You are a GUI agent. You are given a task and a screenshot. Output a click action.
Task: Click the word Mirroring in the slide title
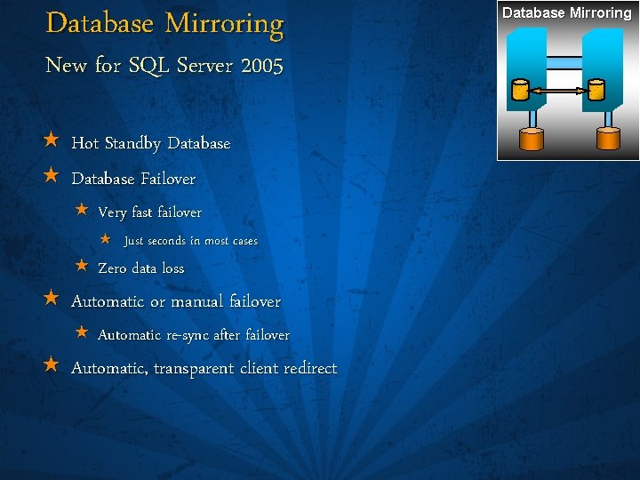[x=228, y=24]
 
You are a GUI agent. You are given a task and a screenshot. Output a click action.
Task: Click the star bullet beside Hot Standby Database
[x=51, y=141]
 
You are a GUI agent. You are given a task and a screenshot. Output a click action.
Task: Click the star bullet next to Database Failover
[x=51, y=176]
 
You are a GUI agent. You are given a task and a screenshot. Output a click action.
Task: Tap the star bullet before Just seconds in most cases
[x=104, y=239]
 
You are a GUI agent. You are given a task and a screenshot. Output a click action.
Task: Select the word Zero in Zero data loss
[x=112, y=268]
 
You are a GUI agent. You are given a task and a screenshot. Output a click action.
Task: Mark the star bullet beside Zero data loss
[x=81, y=266]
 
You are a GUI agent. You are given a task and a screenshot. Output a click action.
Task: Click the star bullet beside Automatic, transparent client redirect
[x=51, y=365]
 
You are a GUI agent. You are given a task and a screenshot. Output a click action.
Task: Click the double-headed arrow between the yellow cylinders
[x=557, y=91]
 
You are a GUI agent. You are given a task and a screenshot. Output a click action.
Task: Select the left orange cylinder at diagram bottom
[x=531, y=139]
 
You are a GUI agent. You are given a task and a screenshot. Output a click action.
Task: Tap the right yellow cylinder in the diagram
[x=595, y=91]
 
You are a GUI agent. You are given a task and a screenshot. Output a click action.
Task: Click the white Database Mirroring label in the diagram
[x=567, y=12]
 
